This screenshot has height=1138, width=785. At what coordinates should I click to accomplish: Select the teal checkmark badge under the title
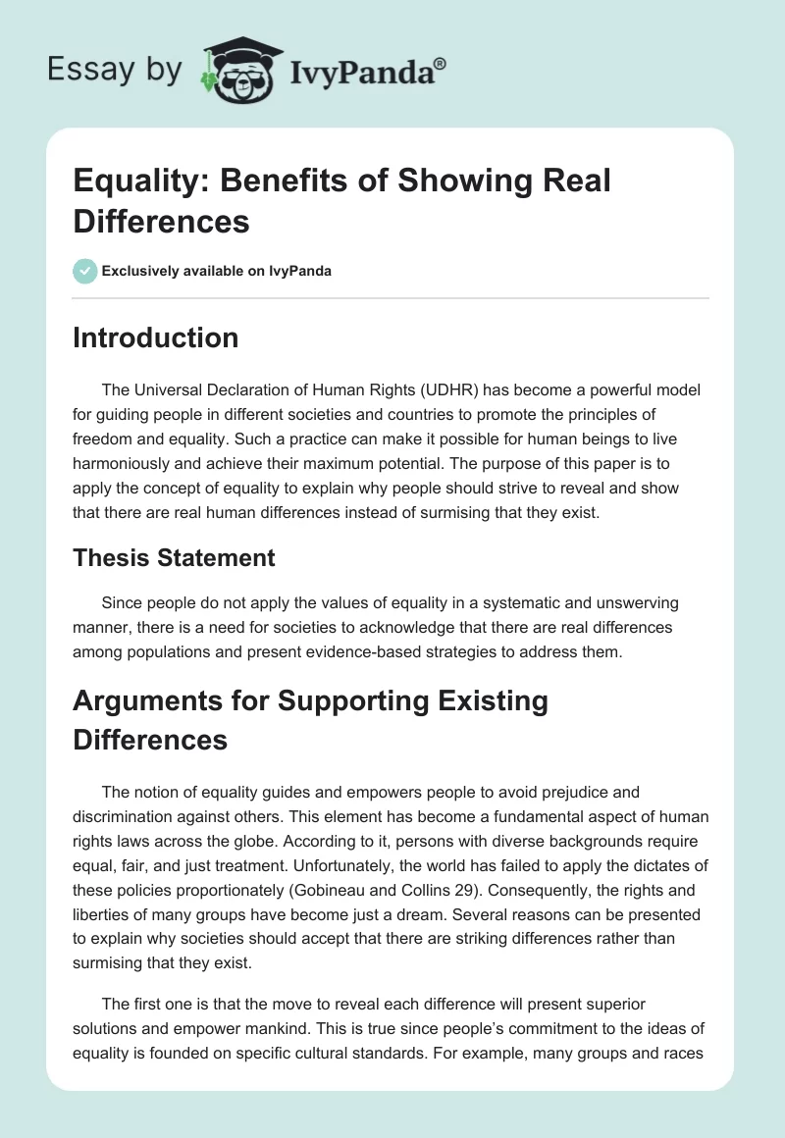tap(85, 271)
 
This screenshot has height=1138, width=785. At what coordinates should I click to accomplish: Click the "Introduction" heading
tap(156, 338)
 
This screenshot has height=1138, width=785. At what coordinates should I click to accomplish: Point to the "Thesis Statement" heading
tap(175, 558)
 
